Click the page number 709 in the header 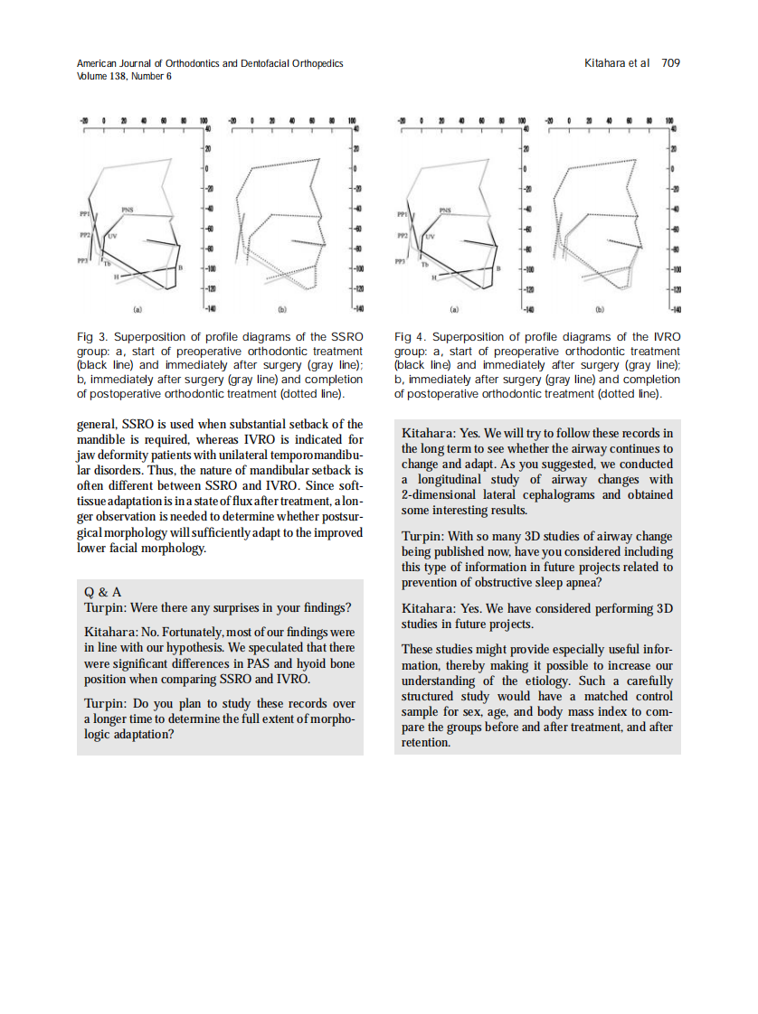(x=670, y=63)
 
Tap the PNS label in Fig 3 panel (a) (x=128, y=210)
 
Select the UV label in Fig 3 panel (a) (x=112, y=236)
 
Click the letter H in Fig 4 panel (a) (x=433, y=277)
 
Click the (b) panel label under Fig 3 (x=281, y=309)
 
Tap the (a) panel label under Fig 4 (x=455, y=309)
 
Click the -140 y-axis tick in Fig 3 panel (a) (x=209, y=308)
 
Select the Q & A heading (x=102, y=592)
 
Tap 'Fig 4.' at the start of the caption (x=411, y=337)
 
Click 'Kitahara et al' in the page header (x=618, y=63)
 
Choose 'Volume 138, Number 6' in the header (x=124, y=76)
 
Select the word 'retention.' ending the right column (x=425, y=742)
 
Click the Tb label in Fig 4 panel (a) (x=423, y=264)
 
